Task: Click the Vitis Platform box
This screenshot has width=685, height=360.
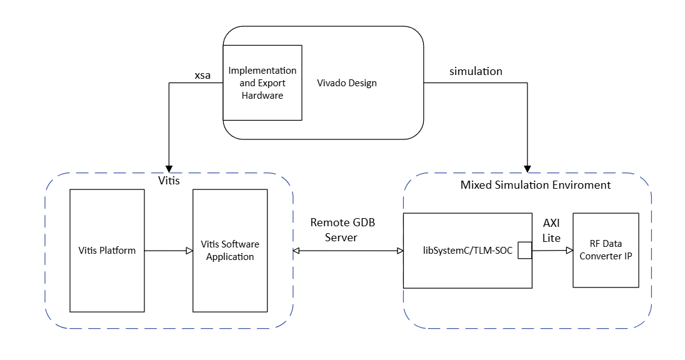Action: (x=107, y=251)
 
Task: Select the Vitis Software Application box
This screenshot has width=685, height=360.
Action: (x=230, y=251)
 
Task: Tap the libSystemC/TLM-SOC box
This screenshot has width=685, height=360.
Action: (x=467, y=251)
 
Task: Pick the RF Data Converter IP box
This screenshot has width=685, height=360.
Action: (x=606, y=250)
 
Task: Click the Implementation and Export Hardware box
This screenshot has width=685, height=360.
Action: (x=262, y=82)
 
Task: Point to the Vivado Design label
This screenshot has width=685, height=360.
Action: (x=347, y=83)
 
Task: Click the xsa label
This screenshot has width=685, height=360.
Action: (x=202, y=76)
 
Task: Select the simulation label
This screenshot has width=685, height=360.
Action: (x=476, y=71)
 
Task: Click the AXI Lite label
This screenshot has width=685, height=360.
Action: (x=551, y=230)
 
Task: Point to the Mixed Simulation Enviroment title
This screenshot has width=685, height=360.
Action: (x=535, y=185)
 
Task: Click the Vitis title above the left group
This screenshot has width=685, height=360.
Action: (x=169, y=181)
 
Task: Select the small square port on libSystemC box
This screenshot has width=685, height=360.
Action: (x=524, y=251)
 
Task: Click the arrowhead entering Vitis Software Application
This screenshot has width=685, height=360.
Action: (x=189, y=251)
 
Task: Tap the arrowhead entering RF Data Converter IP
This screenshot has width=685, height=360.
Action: (x=569, y=251)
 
